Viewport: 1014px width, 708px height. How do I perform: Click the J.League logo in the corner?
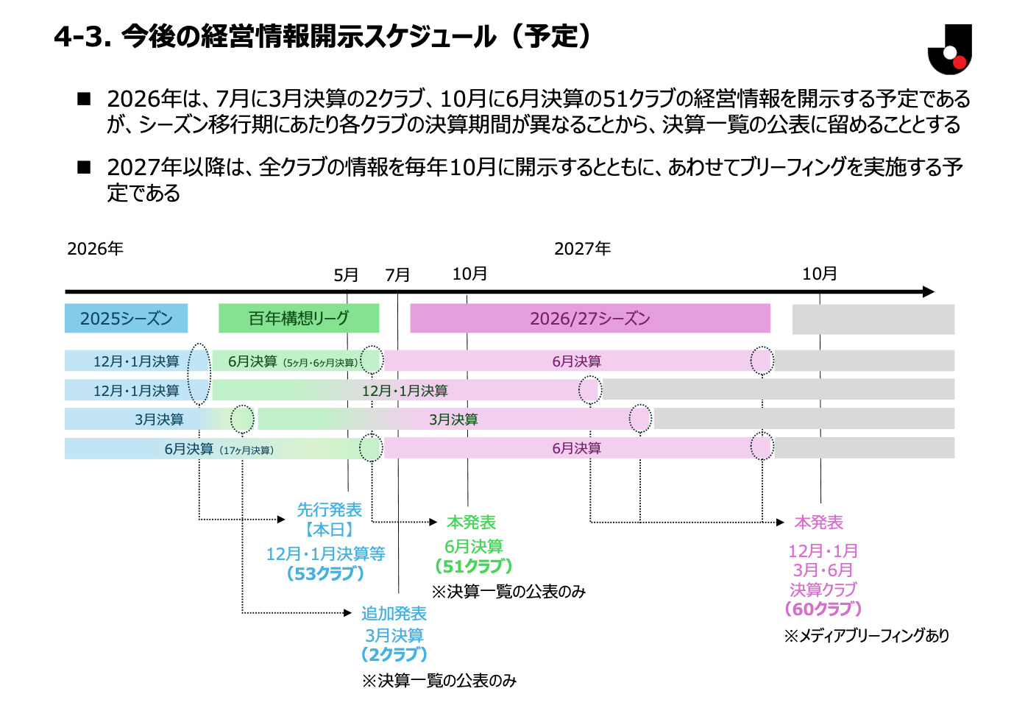[950, 49]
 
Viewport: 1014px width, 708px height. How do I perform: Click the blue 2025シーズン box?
[126, 318]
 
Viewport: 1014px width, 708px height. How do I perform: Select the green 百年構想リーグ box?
[299, 318]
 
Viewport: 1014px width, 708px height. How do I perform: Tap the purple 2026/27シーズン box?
[590, 318]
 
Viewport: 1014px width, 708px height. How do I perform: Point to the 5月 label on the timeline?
[346, 275]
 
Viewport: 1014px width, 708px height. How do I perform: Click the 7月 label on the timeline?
[397, 275]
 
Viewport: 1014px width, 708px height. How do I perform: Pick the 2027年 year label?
[582, 249]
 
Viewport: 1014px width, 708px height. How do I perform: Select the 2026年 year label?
[95, 249]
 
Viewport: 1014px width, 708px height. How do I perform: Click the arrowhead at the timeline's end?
[929, 291]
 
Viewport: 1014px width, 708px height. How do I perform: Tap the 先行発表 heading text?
[329, 510]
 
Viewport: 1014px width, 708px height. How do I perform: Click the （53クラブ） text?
[325, 573]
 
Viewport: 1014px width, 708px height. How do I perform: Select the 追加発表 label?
[394, 613]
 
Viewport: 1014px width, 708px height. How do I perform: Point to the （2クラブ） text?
[394, 654]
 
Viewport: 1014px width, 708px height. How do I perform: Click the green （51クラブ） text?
[473, 566]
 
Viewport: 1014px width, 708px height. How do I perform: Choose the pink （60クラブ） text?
[823, 609]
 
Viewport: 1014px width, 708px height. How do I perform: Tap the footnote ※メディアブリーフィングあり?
[866, 636]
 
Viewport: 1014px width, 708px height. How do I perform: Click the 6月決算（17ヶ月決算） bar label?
[219, 449]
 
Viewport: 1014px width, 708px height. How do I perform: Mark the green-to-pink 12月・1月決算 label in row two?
[405, 390]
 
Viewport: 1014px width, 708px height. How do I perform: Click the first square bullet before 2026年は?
[84, 99]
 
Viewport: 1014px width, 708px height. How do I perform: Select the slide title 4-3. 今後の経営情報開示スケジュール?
[322, 36]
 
